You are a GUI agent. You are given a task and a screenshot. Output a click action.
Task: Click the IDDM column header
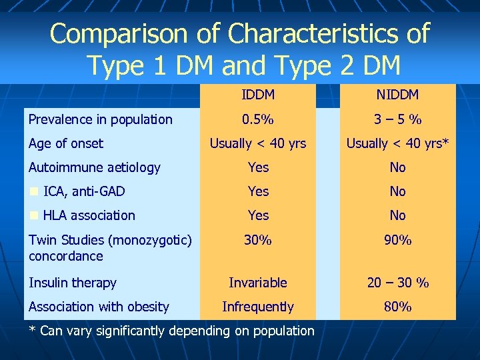coord(257,95)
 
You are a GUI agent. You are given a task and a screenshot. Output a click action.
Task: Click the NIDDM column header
coord(397,95)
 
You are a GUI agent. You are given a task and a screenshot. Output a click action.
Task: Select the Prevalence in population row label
coord(100,120)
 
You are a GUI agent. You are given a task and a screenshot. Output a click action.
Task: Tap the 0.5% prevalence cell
coord(257,120)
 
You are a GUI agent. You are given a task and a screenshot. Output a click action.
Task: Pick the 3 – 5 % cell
coord(397,120)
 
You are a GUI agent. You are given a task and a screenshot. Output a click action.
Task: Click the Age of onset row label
coord(66,143)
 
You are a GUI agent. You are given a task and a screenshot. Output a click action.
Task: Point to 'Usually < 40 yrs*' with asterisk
coord(397,143)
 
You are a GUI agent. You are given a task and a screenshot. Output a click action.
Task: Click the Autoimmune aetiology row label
coord(95,167)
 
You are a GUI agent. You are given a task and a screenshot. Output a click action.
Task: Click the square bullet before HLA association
coord(33,216)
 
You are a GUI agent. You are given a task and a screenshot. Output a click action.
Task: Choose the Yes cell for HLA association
coord(258,215)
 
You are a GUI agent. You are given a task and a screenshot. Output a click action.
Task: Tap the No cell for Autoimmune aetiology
coord(397,167)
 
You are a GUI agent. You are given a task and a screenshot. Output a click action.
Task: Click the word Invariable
coord(257,283)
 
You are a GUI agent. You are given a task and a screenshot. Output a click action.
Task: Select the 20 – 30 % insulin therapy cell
coord(397,283)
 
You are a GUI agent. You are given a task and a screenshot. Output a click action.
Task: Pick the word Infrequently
coord(257,307)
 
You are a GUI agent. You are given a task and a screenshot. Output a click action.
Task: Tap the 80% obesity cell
coord(397,307)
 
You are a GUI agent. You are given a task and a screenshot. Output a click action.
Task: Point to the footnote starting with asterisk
coord(172,331)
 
